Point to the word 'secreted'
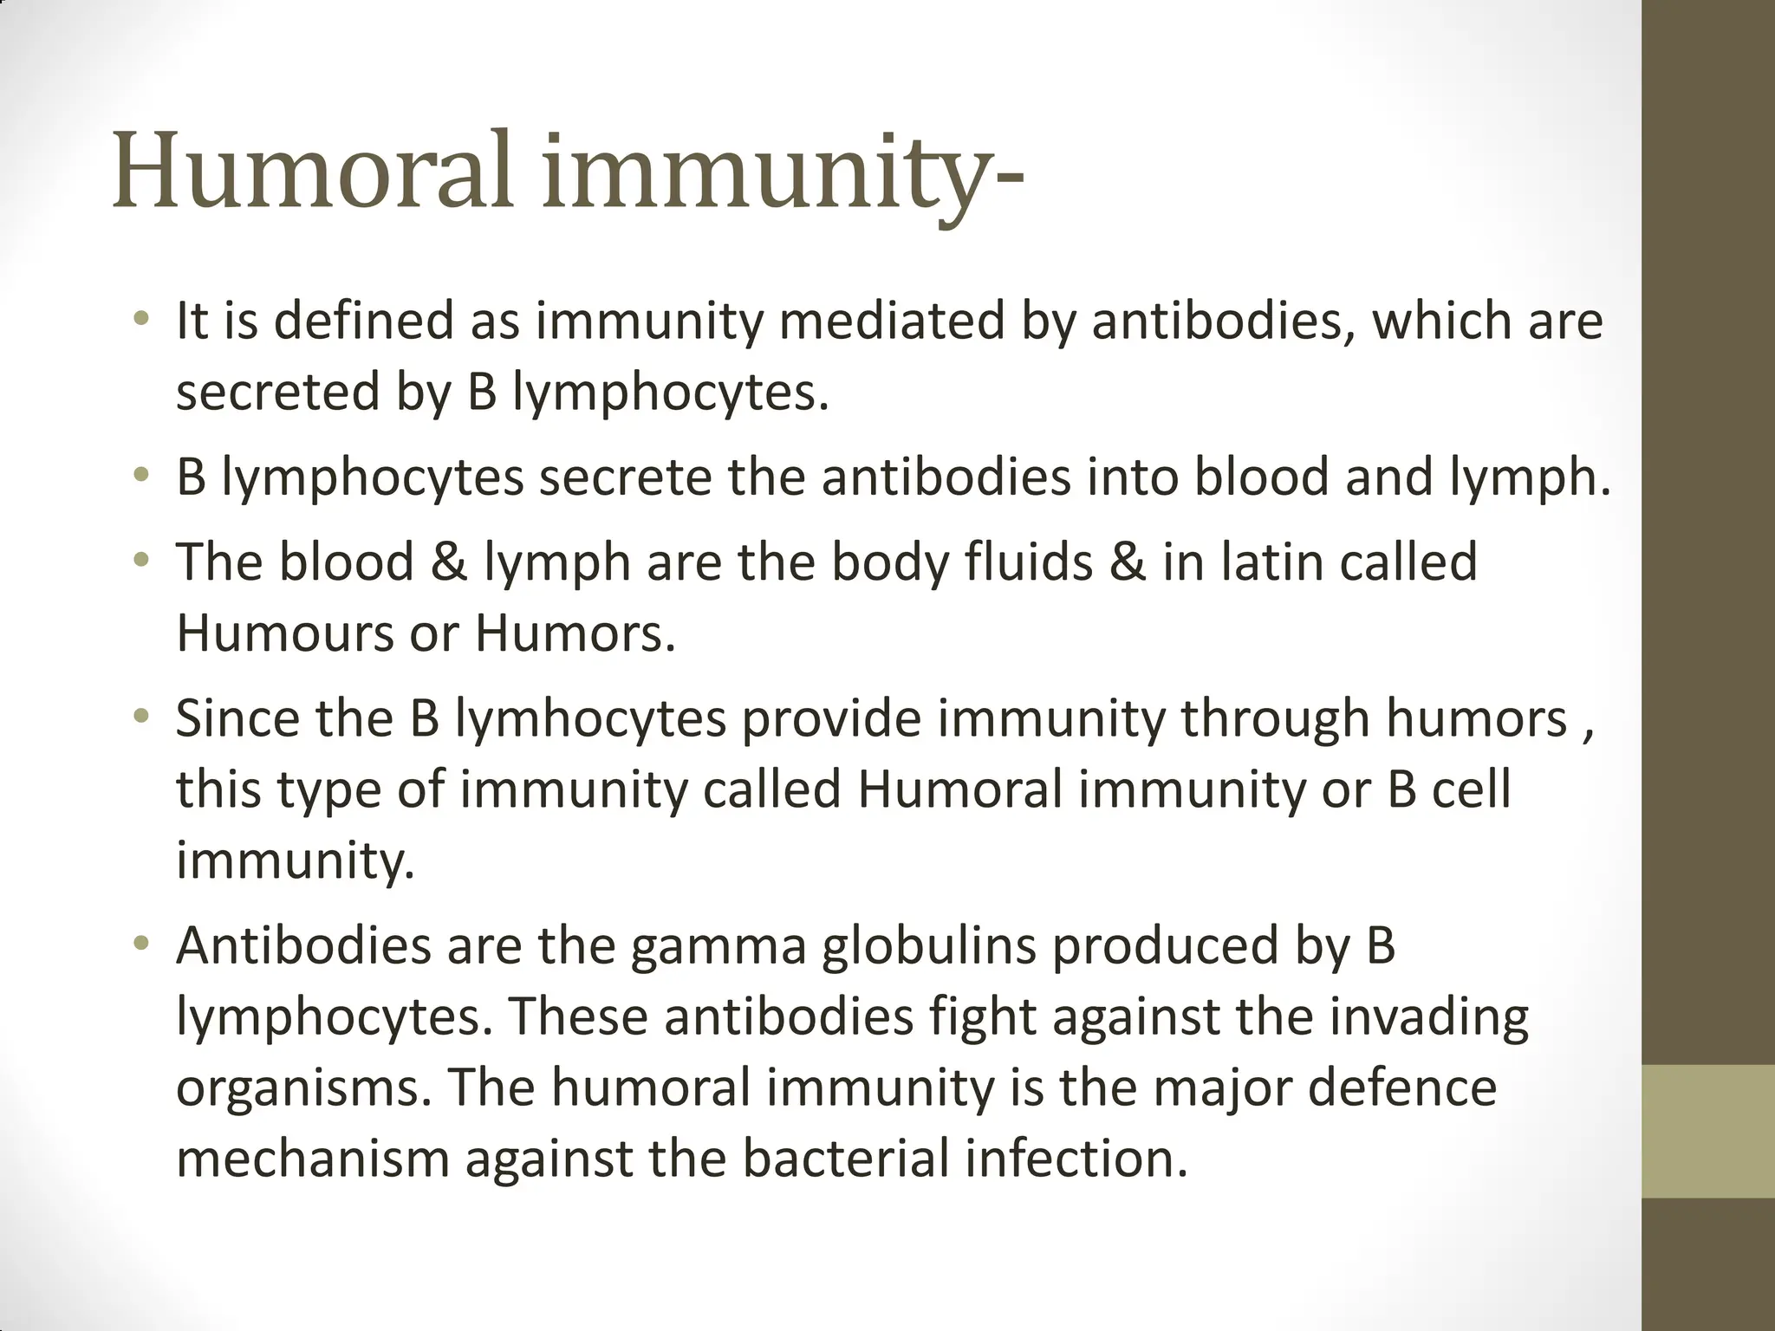(x=278, y=392)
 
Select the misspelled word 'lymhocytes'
(x=590, y=720)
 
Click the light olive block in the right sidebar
(x=1708, y=1132)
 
